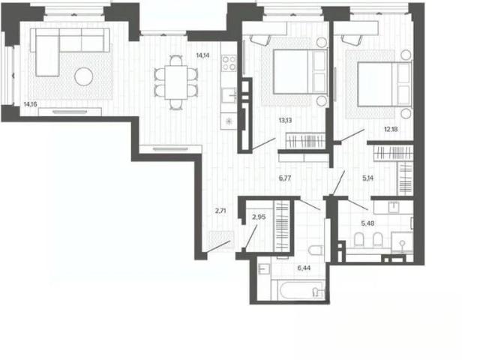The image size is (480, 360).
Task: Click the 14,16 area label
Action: (30, 104)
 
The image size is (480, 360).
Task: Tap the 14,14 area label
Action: (202, 55)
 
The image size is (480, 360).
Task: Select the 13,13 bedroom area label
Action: (285, 120)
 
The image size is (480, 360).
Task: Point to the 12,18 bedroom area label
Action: (391, 129)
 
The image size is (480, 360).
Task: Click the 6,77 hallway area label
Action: (285, 178)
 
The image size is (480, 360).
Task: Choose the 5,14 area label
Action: (368, 178)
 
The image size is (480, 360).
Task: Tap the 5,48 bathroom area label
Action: (367, 223)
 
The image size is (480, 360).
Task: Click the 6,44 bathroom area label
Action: (304, 268)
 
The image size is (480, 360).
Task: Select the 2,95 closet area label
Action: (259, 217)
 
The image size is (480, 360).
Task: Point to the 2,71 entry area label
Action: (220, 211)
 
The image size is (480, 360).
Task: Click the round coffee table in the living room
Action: (84, 76)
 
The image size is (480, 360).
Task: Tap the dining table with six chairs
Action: (176, 82)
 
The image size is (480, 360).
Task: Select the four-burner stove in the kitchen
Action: (229, 63)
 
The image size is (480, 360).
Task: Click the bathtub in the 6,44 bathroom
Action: (301, 290)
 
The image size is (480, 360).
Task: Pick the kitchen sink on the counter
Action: (229, 95)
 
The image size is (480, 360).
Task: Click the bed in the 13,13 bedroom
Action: (300, 72)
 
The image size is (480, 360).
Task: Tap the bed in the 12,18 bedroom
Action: (384, 84)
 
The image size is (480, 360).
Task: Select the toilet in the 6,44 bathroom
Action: (315, 250)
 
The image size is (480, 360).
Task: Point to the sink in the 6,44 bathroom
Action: (263, 268)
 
